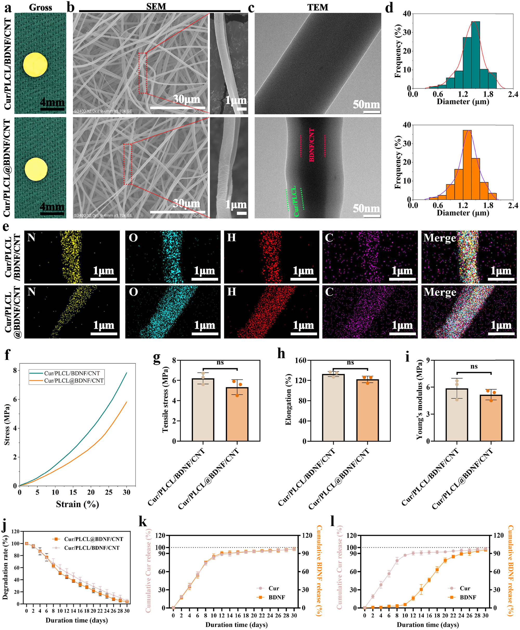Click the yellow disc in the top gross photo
click(35, 65)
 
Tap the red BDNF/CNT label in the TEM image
click(312, 145)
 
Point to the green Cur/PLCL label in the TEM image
click(295, 201)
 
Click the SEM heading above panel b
click(156, 7)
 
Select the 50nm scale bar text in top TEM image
click(366, 104)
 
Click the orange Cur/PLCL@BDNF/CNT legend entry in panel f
click(74, 381)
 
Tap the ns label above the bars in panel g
click(220, 363)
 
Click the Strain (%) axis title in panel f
click(77, 504)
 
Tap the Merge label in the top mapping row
click(439, 238)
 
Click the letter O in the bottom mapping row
click(133, 292)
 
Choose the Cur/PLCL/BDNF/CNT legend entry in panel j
click(92, 548)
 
